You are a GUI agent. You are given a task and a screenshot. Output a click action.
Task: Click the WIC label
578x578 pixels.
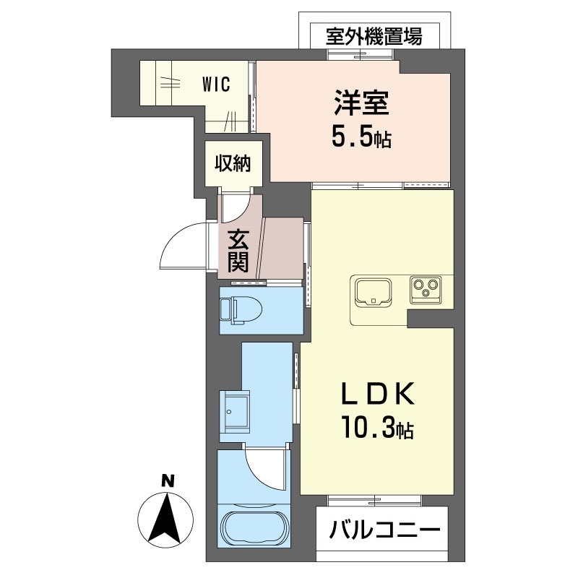click(x=216, y=85)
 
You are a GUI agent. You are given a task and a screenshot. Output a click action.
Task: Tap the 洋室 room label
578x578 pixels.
click(x=361, y=103)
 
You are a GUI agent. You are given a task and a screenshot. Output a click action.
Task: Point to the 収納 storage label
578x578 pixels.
click(x=233, y=163)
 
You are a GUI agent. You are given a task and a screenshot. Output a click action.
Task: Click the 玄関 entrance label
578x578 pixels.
click(x=238, y=251)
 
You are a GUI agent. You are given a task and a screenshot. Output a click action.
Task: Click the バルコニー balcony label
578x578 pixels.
click(x=385, y=530)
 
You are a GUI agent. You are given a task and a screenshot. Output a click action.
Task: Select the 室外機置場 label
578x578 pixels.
click(x=374, y=36)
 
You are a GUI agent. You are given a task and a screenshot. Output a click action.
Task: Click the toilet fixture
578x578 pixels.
click(x=241, y=311)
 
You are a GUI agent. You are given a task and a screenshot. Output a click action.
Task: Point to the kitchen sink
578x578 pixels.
click(x=373, y=293)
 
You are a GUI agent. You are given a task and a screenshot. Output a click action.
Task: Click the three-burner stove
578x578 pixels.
click(x=426, y=289)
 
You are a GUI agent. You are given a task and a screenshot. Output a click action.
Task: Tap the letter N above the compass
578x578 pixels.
click(x=168, y=481)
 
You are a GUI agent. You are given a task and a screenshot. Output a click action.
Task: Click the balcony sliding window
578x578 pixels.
click(x=374, y=501)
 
